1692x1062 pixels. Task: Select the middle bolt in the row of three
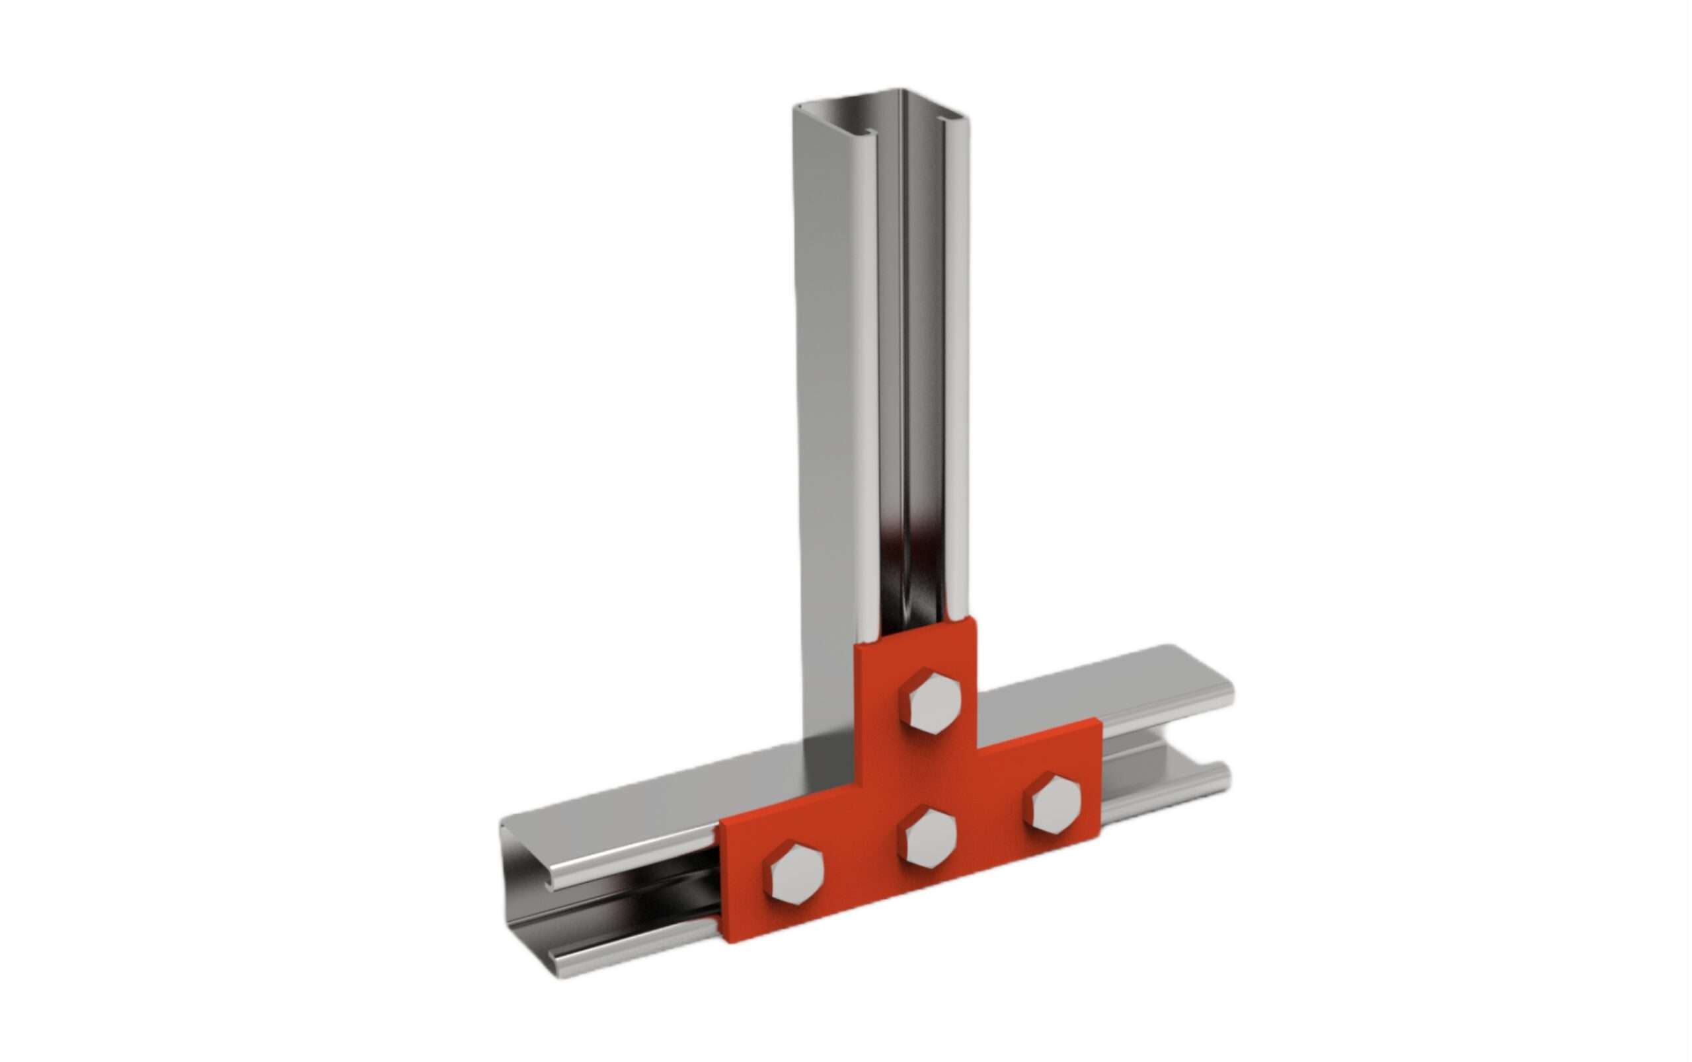point(930,847)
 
